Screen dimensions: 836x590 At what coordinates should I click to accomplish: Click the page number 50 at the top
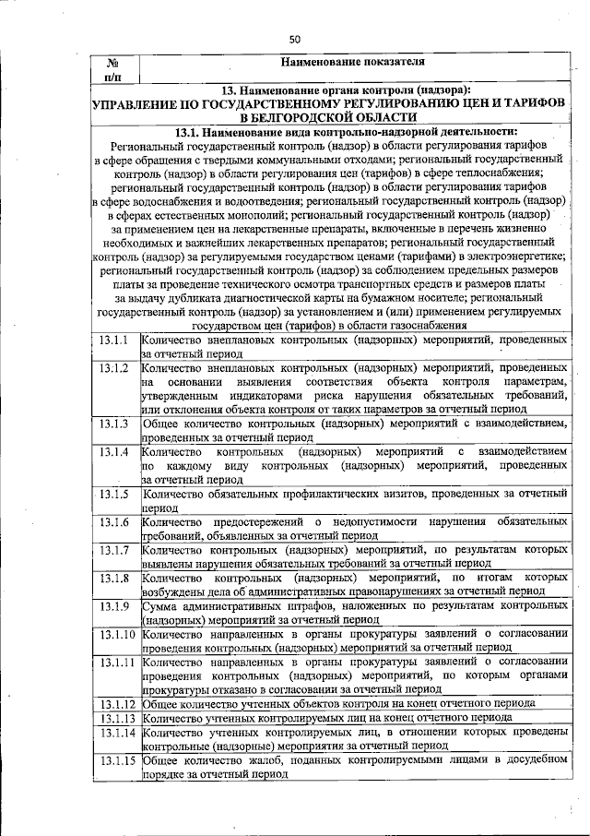pos(295,39)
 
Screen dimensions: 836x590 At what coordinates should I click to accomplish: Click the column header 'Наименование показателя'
pos(352,63)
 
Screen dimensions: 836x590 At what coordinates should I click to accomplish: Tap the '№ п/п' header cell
pos(114,68)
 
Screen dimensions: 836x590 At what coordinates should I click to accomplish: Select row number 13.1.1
pos(114,340)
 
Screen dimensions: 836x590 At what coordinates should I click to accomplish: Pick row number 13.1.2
pos(114,368)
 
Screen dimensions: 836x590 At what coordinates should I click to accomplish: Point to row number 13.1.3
pos(114,424)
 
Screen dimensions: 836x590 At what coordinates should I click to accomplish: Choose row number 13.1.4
pos(114,452)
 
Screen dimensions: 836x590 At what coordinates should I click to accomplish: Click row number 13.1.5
pos(114,495)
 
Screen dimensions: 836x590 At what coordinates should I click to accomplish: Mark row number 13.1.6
pos(114,522)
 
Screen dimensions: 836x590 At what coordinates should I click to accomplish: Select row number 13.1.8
pos(114,579)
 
